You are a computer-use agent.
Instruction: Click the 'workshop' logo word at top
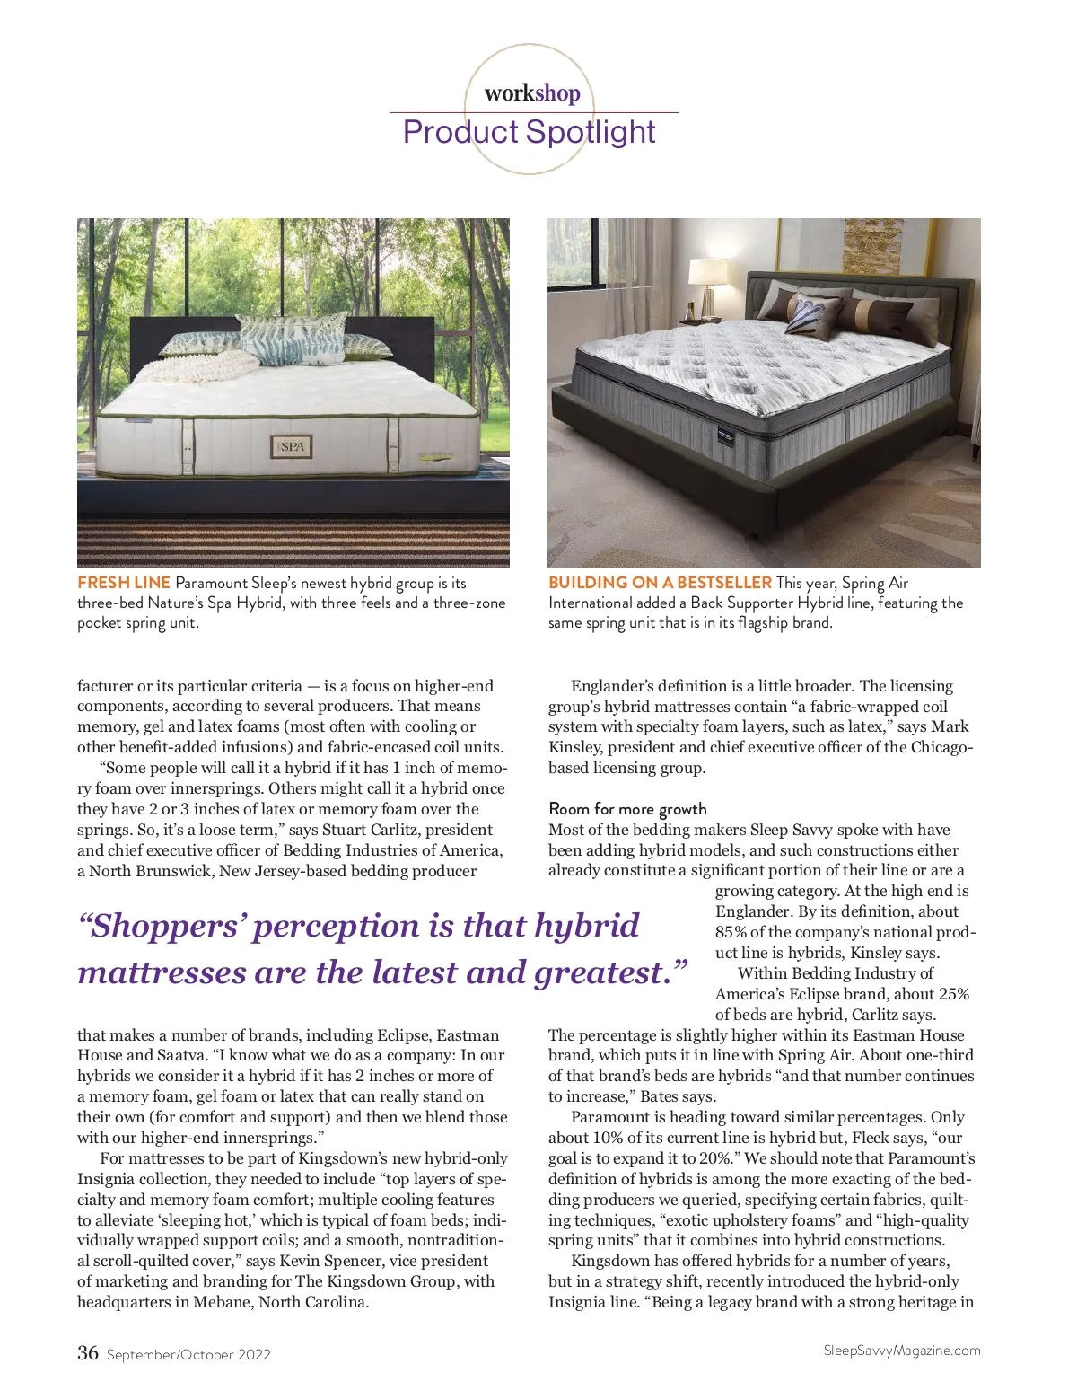[x=532, y=92]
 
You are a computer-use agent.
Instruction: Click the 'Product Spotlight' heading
[x=530, y=132]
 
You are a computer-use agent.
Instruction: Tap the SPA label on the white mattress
[x=293, y=445]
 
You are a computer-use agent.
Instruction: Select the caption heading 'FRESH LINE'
[x=124, y=583]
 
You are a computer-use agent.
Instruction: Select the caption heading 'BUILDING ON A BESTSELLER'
[x=660, y=583]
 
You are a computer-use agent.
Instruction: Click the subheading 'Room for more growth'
[x=627, y=809]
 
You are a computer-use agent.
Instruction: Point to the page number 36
[x=88, y=1352]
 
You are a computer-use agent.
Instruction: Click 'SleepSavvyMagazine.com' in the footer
[x=901, y=1351]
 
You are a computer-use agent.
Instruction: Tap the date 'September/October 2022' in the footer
[x=188, y=1355]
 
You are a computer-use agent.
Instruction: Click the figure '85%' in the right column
[x=731, y=932]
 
